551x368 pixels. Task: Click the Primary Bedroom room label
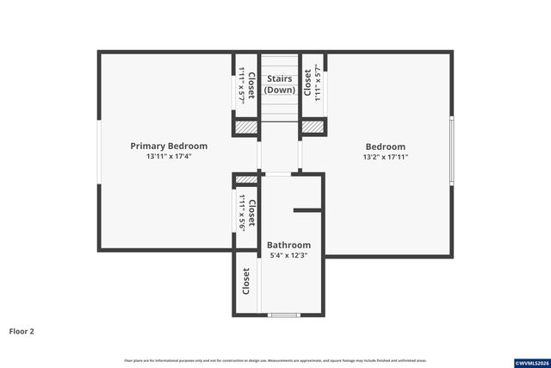coord(169,146)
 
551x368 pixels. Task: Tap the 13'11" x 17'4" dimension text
coord(169,157)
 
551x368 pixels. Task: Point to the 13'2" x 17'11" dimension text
coord(385,158)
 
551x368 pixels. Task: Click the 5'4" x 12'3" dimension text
coord(288,255)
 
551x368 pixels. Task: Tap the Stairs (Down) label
coord(279,84)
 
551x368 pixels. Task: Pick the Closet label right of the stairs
coord(308,84)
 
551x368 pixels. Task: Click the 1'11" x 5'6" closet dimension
coord(242,213)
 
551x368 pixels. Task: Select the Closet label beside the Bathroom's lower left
coord(246,281)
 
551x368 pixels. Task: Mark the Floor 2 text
coord(22,330)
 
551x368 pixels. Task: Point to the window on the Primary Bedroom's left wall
coord(98,152)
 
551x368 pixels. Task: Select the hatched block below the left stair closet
coord(246,127)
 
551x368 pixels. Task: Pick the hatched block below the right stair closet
coord(311,127)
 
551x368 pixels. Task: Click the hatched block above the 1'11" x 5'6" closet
coord(246,179)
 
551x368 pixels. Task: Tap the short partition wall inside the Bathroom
coord(307,209)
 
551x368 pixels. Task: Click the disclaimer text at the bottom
coord(275,360)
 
